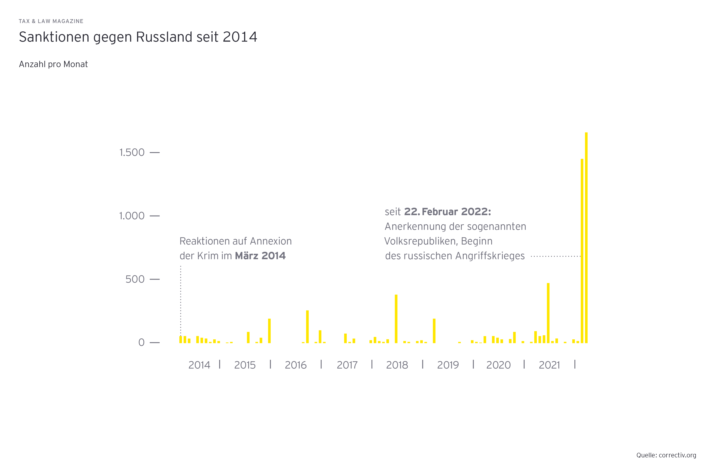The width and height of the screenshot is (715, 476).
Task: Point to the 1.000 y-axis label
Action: (x=132, y=216)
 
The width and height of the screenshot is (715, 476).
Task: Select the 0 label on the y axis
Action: (x=141, y=343)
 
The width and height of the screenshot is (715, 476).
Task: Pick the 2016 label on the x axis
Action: (x=295, y=365)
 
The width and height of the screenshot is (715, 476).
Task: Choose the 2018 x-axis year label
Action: (x=397, y=365)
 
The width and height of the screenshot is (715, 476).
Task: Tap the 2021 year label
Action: (x=549, y=365)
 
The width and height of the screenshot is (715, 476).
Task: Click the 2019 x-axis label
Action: (x=448, y=365)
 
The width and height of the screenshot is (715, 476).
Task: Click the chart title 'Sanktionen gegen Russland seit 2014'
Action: (x=138, y=37)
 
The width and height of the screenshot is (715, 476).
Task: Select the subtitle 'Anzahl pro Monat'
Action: (x=53, y=64)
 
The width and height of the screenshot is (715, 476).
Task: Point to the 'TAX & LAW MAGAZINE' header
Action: (x=51, y=21)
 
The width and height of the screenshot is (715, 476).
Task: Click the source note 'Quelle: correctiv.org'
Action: (x=666, y=455)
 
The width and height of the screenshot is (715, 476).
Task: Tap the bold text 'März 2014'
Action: (x=260, y=256)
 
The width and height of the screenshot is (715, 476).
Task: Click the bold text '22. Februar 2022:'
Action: (x=447, y=212)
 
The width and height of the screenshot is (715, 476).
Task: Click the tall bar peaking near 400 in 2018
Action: (x=396, y=319)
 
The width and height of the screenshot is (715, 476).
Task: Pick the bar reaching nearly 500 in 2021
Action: (x=548, y=313)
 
